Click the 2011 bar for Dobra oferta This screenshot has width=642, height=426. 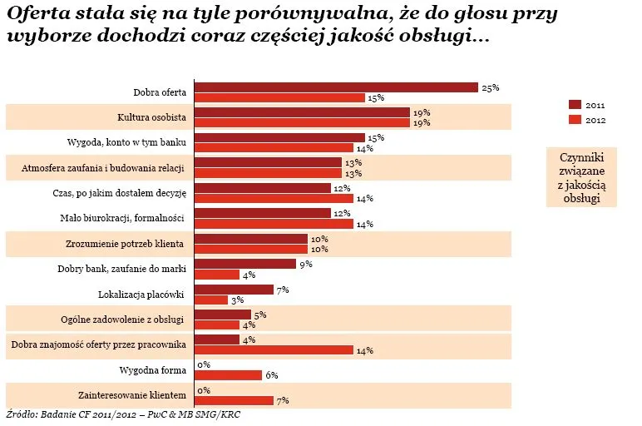(336, 87)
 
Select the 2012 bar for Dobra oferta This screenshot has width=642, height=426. (279, 97)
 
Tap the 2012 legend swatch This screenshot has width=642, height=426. (574, 119)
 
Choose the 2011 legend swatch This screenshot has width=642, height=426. (574, 105)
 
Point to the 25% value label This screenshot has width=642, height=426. (490, 87)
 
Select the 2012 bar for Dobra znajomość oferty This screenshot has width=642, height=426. (274, 349)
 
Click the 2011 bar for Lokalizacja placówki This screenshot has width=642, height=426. (234, 290)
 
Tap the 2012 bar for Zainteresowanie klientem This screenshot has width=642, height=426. (234, 400)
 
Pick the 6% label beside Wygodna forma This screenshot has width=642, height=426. (271, 375)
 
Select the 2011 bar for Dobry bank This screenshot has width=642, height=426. (245, 264)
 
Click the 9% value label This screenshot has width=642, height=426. (305, 264)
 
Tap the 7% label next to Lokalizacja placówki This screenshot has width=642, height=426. (283, 290)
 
